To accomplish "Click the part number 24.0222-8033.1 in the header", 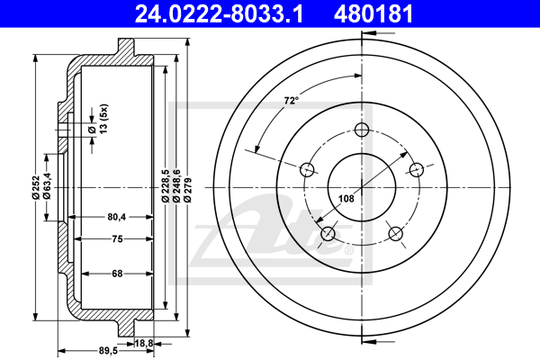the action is (219, 14).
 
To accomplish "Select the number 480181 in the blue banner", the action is (373, 14).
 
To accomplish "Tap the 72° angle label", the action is (292, 101).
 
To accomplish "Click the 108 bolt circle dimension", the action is (346, 198).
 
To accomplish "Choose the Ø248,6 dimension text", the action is (176, 185).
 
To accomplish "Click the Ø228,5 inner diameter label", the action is (165, 185).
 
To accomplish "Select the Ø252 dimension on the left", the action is (35, 187).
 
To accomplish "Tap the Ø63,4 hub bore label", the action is (47, 186).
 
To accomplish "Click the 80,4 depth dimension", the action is (117, 217).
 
